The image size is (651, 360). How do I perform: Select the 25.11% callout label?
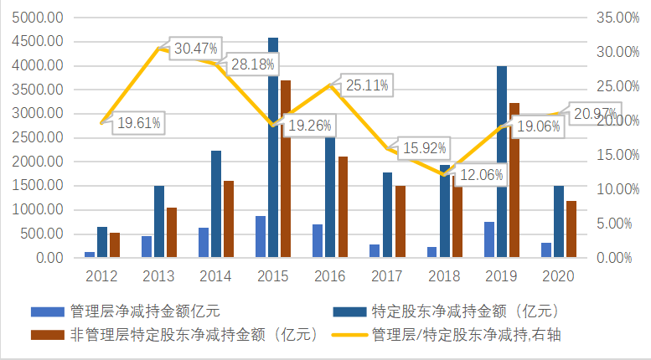tap(365, 85)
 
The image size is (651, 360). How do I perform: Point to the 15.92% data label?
tap(424, 148)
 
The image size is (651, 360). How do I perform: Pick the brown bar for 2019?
tap(514, 180)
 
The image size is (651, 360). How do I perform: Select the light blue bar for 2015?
tap(261, 236)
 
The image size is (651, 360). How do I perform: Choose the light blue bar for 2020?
tap(545, 249)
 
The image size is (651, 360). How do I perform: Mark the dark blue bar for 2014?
tap(216, 203)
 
